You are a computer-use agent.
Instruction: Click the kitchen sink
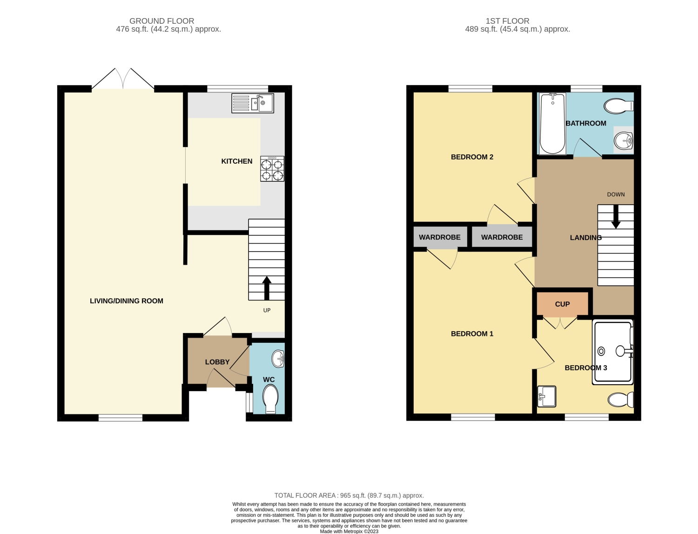click(x=253, y=103)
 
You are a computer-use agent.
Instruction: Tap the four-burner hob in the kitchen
click(x=272, y=168)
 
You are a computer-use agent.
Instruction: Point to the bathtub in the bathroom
click(x=553, y=124)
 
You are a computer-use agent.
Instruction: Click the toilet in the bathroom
click(x=619, y=106)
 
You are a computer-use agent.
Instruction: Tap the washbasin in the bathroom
click(x=624, y=140)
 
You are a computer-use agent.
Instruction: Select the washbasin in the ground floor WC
click(x=278, y=359)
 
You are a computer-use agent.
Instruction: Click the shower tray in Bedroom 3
click(x=613, y=352)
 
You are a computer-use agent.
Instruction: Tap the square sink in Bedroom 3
click(x=546, y=396)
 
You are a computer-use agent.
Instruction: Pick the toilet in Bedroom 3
click(x=620, y=400)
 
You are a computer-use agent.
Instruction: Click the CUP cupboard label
click(x=562, y=304)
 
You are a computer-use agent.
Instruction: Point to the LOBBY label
click(x=217, y=362)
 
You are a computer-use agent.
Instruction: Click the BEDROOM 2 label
click(x=472, y=157)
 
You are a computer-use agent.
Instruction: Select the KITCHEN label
click(x=236, y=161)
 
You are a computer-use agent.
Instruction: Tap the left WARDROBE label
click(x=439, y=237)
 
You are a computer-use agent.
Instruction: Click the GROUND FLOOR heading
click(x=161, y=21)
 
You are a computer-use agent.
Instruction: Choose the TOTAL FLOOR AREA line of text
click(x=349, y=495)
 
